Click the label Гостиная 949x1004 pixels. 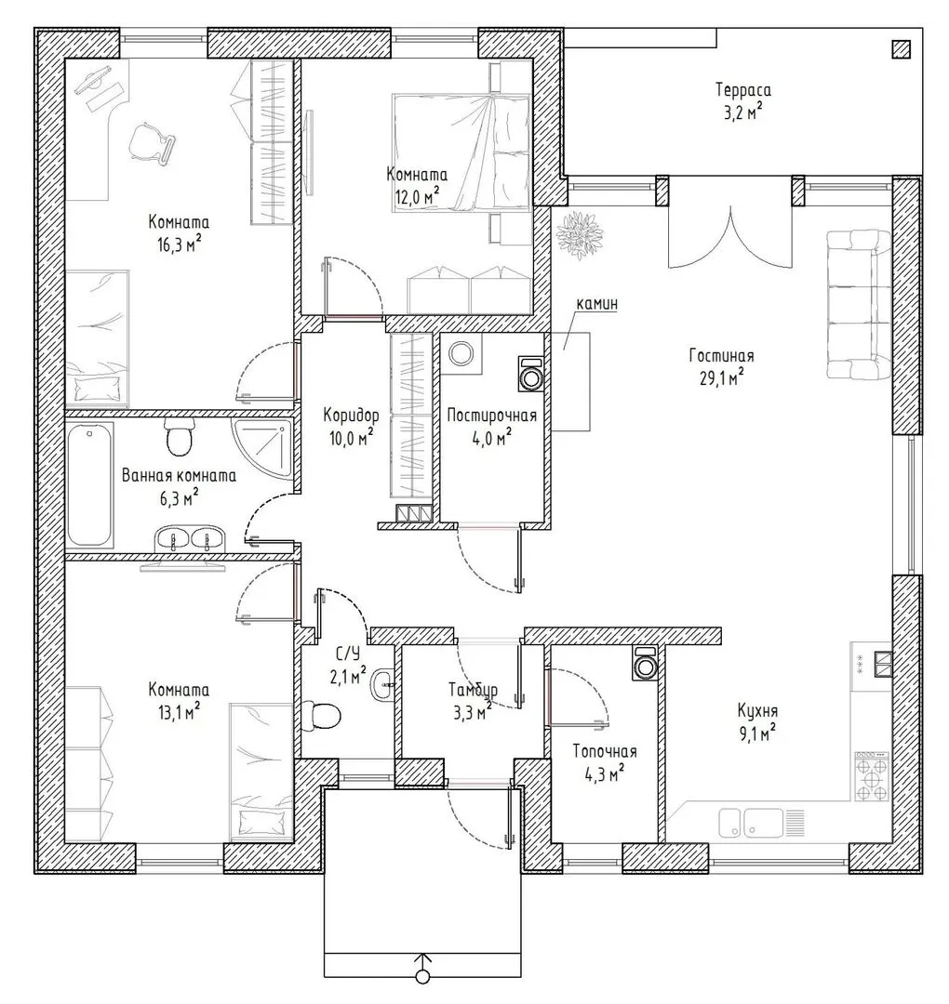coord(722,355)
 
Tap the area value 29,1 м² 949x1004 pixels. coord(721,377)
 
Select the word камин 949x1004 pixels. coord(597,303)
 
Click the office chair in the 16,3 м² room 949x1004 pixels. coord(152,141)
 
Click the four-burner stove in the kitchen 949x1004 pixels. coord(873,776)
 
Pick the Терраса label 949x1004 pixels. coord(743,89)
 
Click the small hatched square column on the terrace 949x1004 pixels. coord(901,49)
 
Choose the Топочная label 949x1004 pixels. coord(605,751)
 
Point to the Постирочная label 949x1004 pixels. coord(491,416)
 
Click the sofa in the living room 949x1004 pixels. coord(859,303)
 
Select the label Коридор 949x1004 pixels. coord(351,416)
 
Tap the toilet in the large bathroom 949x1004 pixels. coord(179,437)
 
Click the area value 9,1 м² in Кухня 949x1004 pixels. coord(757,733)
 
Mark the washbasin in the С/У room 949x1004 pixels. coord(382,686)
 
